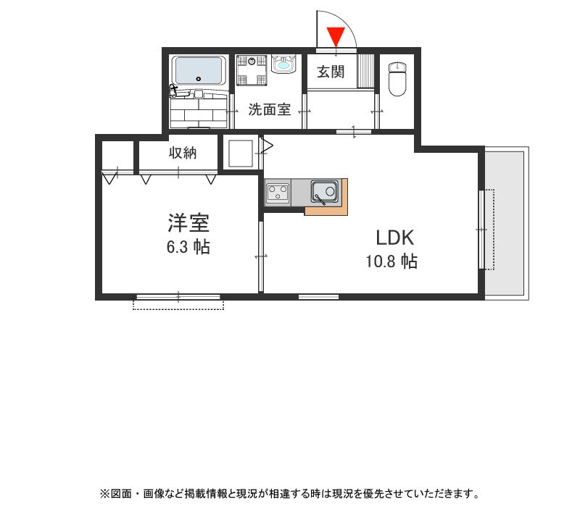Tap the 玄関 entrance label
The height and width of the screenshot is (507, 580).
(x=331, y=72)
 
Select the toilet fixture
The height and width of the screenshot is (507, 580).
(x=397, y=78)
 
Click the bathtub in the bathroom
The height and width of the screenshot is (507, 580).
(x=198, y=71)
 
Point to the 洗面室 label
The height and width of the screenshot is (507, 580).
(x=270, y=110)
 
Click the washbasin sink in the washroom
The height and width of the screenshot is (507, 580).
(x=282, y=66)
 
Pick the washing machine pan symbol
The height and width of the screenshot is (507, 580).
(x=251, y=72)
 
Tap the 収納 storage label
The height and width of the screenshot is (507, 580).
(x=183, y=153)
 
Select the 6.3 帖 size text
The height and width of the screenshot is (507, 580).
(x=188, y=248)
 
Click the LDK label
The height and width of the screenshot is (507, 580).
(x=394, y=238)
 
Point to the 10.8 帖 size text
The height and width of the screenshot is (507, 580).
(x=391, y=262)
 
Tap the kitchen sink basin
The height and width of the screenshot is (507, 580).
(x=324, y=192)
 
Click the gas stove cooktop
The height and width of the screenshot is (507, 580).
(x=278, y=193)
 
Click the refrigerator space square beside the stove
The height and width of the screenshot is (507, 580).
(x=239, y=154)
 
